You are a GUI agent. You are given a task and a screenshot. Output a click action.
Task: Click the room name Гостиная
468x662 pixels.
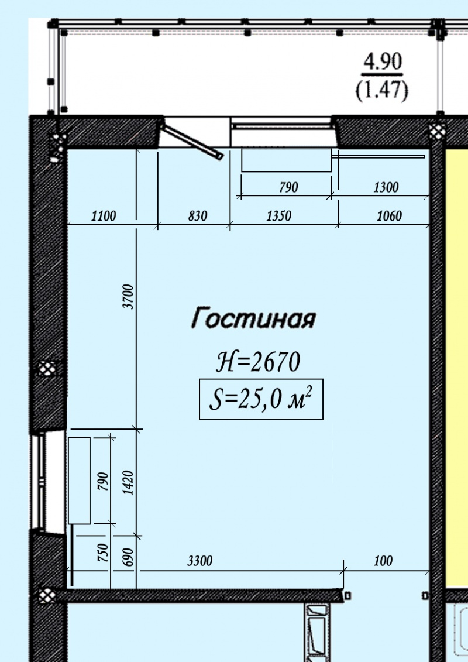click(253, 318)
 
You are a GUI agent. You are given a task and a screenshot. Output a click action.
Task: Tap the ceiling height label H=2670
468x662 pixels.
click(258, 362)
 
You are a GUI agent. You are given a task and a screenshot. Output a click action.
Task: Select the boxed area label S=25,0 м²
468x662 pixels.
click(261, 399)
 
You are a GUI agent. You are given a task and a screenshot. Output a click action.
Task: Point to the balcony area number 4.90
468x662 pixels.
click(383, 62)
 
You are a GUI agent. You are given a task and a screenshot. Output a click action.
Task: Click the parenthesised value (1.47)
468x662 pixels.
click(382, 90)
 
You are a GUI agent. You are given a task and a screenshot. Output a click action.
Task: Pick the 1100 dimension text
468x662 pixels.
click(104, 216)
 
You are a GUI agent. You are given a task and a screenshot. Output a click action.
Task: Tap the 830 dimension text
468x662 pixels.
click(198, 216)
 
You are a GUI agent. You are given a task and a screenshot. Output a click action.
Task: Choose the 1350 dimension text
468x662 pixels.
click(279, 216)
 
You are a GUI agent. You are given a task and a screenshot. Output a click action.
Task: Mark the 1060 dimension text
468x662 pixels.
click(389, 216)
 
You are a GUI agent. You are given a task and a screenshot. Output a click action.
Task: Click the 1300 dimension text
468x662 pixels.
click(386, 187)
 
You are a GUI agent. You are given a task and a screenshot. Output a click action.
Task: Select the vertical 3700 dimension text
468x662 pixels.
click(129, 297)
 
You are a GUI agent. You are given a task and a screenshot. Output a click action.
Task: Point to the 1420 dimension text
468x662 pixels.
click(129, 483)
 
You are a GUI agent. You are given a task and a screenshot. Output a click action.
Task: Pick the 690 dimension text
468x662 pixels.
click(129, 557)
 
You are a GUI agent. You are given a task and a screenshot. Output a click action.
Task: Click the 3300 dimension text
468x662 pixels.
click(200, 561)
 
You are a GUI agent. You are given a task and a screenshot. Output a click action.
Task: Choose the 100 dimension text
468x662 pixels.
click(383, 561)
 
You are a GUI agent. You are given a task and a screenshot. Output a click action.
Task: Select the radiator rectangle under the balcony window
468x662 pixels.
click(286, 160)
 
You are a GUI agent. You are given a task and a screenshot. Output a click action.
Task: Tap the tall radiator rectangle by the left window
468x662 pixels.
click(80, 481)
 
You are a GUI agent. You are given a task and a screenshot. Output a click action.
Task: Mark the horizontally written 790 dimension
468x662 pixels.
click(288, 187)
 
